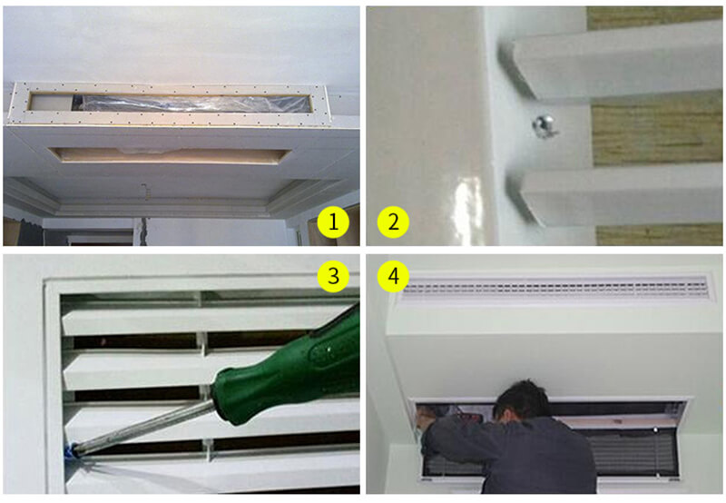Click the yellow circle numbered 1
pos(333,222)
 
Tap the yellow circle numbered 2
pos(393,222)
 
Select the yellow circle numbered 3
pos(333,277)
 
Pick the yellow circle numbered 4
pos(393,277)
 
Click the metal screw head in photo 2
pos(543,125)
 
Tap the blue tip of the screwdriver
pos(72,450)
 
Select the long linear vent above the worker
pos(555,288)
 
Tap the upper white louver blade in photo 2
pos(616,63)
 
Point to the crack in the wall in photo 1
pos(144,228)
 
